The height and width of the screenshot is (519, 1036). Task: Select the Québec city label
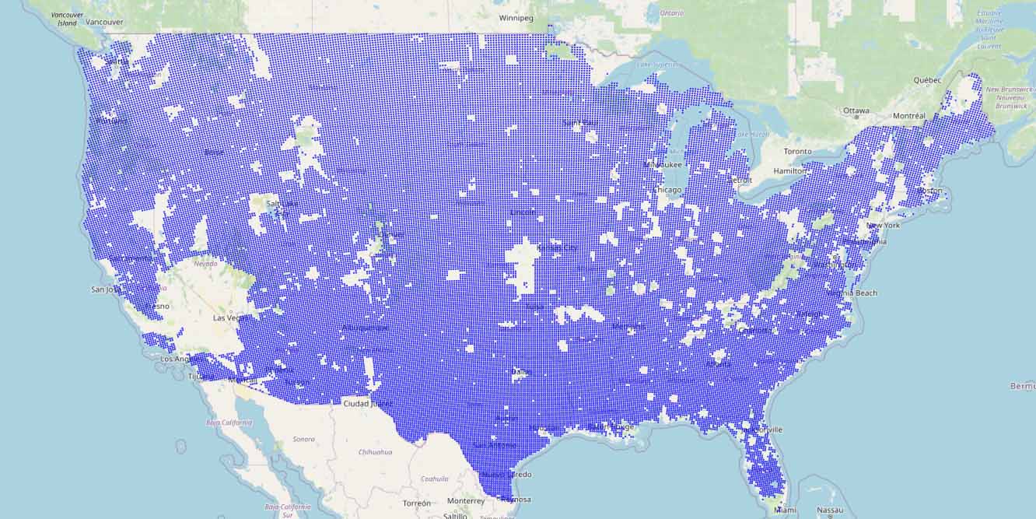click(927, 80)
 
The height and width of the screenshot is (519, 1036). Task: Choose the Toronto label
click(797, 151)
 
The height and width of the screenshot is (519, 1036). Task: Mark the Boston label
click(929, 191)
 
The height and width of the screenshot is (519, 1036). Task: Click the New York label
click(883, 225)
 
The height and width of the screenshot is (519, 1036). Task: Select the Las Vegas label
click(232, 317)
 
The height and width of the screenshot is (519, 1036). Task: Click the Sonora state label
click(303, 439)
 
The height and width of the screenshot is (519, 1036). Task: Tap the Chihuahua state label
click(376, 451)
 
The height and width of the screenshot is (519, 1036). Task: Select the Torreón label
click(417, 503)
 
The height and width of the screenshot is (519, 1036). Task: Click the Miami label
click(785, 510)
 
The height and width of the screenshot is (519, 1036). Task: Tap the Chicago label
click(667, 190)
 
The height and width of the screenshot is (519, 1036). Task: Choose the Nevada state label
click(205, 264)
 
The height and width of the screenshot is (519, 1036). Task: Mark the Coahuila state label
click(435, 479)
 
